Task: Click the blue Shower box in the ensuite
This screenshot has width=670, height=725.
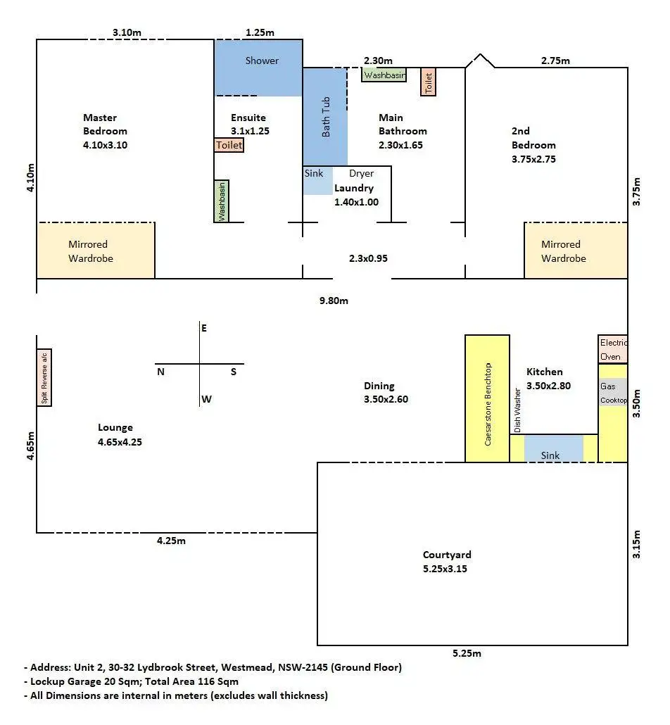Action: pyautogui.click(x=258, y=68)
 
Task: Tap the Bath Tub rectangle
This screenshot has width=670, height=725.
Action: pyautogui.click(x=325, y=117)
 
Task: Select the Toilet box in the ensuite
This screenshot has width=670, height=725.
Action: pyautogui.click(x=229, y=145)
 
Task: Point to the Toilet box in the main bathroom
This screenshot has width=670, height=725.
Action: pyautogui.click(x=428, y=82)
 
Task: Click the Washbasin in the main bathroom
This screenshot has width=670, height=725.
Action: pyautogui.click(x=384, y=75)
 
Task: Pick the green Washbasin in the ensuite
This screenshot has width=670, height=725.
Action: pyautogui.click(x=222, y=201)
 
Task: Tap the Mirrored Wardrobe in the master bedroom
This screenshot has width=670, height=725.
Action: pyautogui.click(x=96, y=251)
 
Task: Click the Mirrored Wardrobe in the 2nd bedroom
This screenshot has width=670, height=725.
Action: pyautogui.click(x=576, y=251)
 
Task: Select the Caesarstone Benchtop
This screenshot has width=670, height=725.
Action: pyautogui.click(x=487, y=398)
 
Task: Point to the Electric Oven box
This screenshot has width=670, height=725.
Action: pyautogui.click(x=613, y=349)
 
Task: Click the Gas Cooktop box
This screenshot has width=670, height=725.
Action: pyautogui.click(x=613, y=393)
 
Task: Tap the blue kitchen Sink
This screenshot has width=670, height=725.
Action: pyautogui.click(x=553, y=448)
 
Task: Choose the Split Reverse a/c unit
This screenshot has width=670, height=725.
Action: pyautogui.click(x=44, y=378)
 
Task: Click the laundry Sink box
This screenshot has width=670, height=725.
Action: pyautogui.click(x=317, y=180)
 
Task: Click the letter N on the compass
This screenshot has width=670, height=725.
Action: pyautogui.click(x=161, y=372)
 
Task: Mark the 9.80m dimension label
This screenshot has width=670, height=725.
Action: pyautogui.click(x=334, y=301)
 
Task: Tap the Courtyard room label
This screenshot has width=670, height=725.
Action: pyautogui.click(x=447, y=555)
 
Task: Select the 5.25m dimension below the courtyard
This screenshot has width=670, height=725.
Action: pyautogui.click(x=467, y=653)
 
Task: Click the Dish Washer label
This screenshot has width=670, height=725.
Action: pyautogui.click(x=517, y=410)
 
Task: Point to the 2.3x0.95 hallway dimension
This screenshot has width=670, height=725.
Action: pyautogui.click(x=368, y=258)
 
